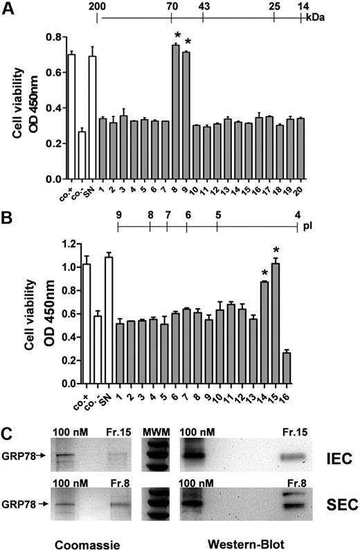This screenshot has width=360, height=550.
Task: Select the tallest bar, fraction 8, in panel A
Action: (x=175, y=112)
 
